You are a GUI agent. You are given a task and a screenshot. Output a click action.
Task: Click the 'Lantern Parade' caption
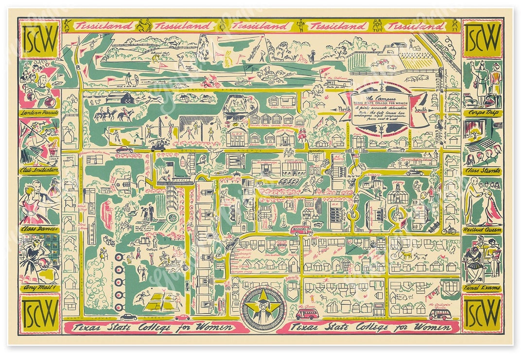tap(39, 113)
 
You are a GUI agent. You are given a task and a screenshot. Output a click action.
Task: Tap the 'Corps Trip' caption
tap(482, 112)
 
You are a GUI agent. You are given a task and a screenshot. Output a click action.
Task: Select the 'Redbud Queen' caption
tap(482, 229)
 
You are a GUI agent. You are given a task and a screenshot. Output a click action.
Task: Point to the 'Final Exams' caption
tap(482, 288)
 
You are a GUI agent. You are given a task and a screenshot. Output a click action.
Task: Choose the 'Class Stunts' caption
tap(482, 171)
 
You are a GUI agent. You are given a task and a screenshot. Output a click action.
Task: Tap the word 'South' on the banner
tap(421, 110)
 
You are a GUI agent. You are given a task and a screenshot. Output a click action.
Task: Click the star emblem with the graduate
tap(263, 308)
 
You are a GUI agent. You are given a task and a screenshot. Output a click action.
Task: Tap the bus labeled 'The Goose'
tap(307, 313)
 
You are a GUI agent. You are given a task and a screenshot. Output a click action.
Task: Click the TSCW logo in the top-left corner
tap(39, 39)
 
